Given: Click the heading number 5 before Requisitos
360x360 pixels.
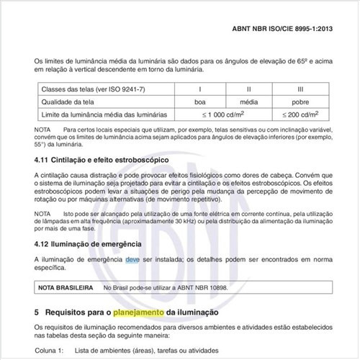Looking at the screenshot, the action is click(37, 313).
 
